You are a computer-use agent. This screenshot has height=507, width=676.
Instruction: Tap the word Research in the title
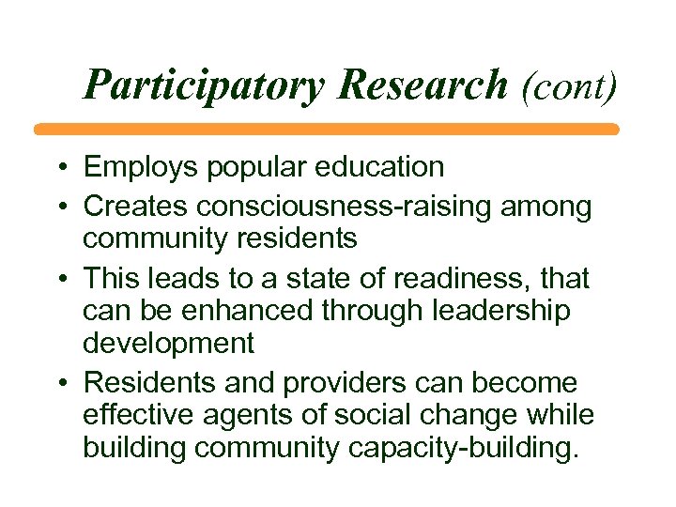(422, 84)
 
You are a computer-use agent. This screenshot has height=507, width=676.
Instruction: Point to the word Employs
(134, 167)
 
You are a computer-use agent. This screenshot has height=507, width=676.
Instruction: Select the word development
(169, 343)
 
